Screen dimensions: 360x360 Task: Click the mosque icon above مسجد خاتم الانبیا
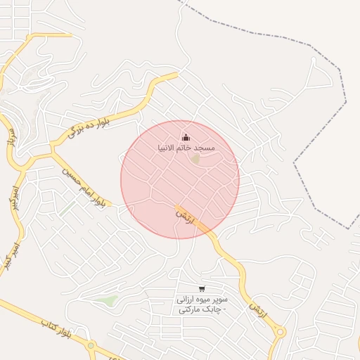tap(186, 136)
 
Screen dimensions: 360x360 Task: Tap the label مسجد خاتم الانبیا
tap(186, 148)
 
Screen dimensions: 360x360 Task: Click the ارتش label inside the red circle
tap(184, 214)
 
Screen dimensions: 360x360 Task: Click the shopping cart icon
tap(202, 288)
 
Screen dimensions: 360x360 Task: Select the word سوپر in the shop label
tap(217, 300)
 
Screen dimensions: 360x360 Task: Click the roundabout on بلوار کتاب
tap(91, 345)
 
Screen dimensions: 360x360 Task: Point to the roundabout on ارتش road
tap(281, 333)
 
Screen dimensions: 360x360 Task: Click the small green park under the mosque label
tap(195, 160)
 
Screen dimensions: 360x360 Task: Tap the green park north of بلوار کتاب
tap(107, 300)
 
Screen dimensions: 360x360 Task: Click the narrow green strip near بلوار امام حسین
tap(67, 209)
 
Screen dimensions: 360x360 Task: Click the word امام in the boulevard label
tap(83, 186)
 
